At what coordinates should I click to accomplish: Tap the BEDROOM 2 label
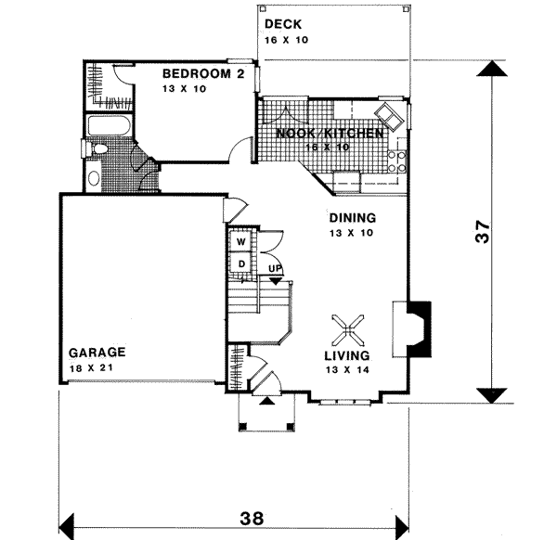coord(203,74)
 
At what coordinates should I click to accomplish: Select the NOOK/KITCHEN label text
coord(330,134)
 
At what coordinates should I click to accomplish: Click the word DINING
coord(352,218)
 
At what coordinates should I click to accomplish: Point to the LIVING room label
coord(346,355)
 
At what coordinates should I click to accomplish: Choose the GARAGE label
coord(97,353)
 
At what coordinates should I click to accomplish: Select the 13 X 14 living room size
coord(346,369)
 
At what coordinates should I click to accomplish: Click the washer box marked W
coord(240,241)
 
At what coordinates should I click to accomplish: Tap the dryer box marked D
coord(240,264)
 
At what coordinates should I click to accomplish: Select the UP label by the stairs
coord(275,269)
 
